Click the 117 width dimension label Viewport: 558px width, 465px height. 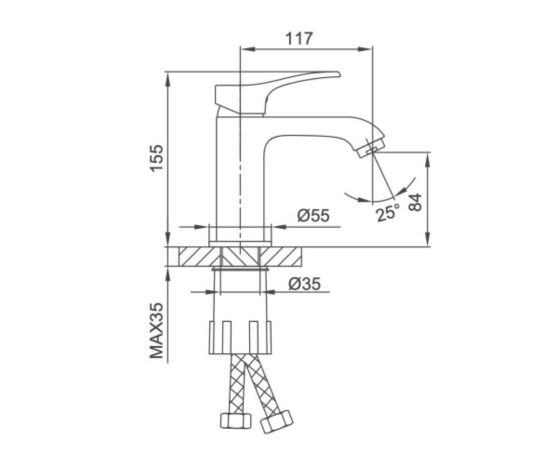[299, 39]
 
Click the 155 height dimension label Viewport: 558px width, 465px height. [156, 158]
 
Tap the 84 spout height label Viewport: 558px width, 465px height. [415, 203]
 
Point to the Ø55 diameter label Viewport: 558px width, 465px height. [313, 215]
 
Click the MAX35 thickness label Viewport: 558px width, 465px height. [156, 331]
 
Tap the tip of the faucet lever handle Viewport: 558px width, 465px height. [339, 74]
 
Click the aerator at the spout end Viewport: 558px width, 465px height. [371, 148]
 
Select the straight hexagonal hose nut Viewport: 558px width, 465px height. [236, 421]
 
